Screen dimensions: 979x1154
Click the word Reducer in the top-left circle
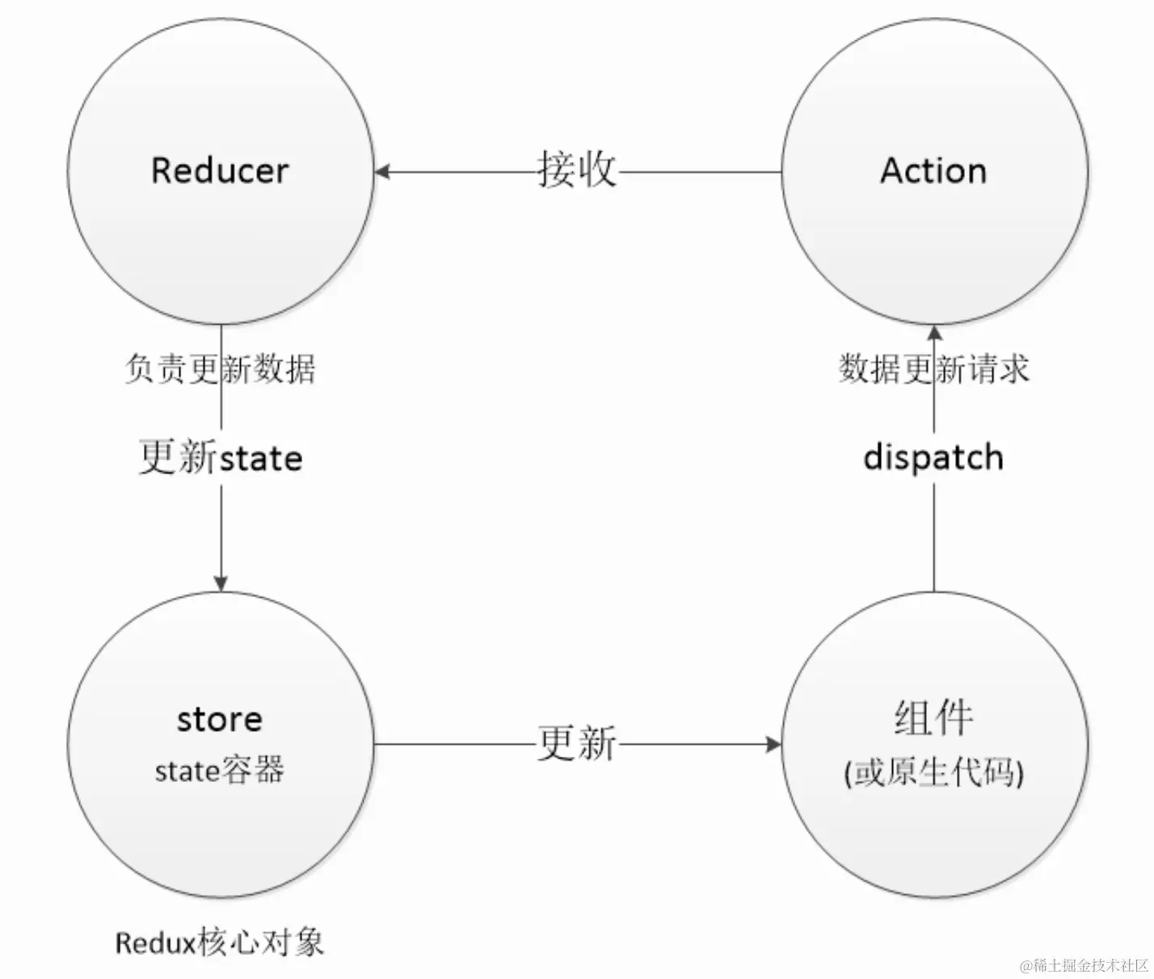point(219,170)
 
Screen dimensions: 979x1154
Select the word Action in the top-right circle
point(933,170)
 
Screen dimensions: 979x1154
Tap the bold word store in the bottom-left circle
point(219,718)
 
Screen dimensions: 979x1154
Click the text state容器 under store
point(219,770)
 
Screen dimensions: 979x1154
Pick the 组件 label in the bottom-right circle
point(933,716)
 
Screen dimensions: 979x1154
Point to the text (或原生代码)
point(933,772)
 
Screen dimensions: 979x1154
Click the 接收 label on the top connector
point(577,170)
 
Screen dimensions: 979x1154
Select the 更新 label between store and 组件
point(577,742)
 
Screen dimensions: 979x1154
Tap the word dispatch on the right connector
point(933,457)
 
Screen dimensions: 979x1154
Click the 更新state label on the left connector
point(221,457)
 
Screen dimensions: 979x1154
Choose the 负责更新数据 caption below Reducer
point(220,369)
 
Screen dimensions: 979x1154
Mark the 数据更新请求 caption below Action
point(933,369)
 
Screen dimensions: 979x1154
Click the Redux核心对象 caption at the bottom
point(219,942)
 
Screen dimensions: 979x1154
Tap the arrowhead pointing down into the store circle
point(221,582)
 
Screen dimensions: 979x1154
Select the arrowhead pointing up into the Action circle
point(934,333)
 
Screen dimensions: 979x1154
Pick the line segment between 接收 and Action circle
point(699,171)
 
